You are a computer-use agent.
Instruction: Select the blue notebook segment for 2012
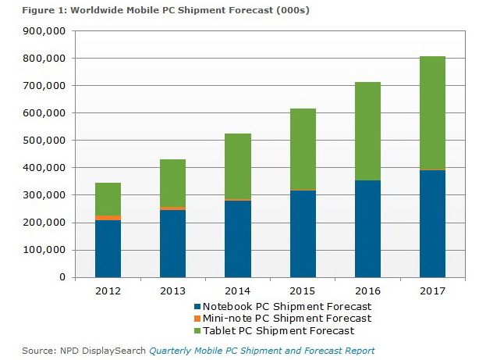pos(108,248)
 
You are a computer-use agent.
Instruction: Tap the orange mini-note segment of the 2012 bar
pos(108,218)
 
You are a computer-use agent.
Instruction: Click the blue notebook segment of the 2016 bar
pos(367,229)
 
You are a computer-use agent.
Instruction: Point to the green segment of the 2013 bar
pos(172,183)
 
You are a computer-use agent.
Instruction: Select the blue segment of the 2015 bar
pos(303,233)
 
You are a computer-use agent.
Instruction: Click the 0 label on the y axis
pos(60,277)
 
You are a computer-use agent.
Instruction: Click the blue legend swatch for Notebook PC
pos(197,307)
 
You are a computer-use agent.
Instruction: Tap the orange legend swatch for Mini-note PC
pos(197,319)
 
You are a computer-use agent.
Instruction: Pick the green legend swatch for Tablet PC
pos(197,330)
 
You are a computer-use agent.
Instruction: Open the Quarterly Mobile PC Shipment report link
pos(261,351)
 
